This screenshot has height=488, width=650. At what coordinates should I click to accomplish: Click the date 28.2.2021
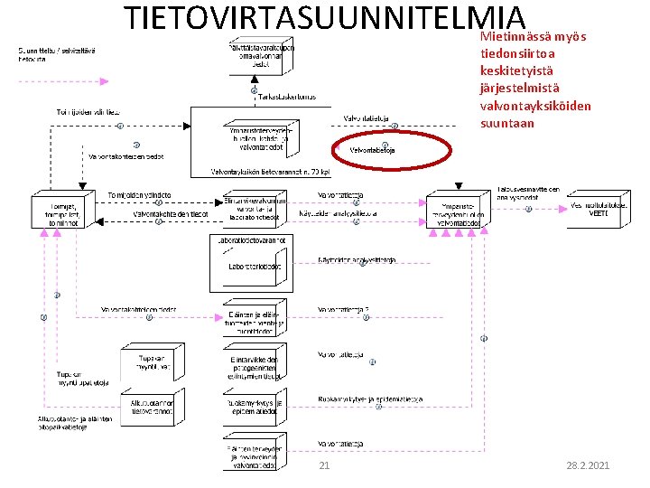[588, 465]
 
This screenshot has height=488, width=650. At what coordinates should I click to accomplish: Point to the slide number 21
[324, 465]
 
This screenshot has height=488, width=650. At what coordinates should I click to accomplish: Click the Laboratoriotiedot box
[255, 267]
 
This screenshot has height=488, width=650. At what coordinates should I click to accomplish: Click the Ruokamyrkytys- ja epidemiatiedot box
[255, 408]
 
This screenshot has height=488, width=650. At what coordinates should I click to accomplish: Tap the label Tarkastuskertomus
[286, 98]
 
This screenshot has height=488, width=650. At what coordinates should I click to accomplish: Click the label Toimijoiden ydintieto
[139, 195]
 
